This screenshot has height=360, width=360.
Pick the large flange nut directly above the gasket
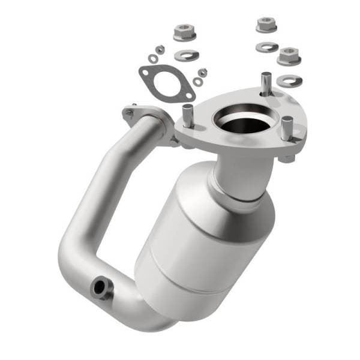[185, 31]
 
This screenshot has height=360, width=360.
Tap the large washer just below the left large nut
[185, 55]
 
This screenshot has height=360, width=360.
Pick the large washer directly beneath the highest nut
[264, 46]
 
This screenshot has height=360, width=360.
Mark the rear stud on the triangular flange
[264, 80]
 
